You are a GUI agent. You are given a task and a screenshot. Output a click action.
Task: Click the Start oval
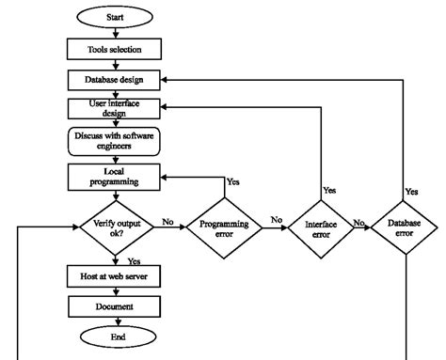[115, 18]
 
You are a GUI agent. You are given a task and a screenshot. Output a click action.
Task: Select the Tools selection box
[114, 47]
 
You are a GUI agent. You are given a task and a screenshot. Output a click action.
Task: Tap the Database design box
[114, 80]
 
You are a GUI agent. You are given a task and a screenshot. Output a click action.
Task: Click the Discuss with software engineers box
[114, 142]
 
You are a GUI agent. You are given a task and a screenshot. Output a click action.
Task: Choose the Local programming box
[114, 176]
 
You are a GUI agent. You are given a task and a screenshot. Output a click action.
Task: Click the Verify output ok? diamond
[114, 227]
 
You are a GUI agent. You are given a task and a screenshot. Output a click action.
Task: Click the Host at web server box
[114, 276]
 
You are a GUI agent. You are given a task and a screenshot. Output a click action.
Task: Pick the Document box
[114, 306]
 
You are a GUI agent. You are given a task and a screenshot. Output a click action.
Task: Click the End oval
[114, 336]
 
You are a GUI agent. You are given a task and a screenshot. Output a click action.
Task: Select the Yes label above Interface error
[328, 190]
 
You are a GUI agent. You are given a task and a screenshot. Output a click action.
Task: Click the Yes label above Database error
[411, 191]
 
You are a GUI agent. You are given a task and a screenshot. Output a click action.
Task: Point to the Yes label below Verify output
[134, 260]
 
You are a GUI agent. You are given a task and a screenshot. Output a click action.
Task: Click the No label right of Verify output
[167, 222]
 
